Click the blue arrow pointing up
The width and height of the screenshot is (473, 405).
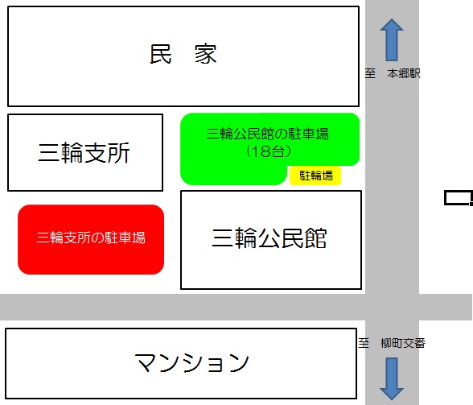[x=392, y=40]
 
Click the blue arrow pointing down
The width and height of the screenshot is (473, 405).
[x=392, y=378]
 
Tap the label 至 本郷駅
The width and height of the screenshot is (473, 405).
[x=393, y=73]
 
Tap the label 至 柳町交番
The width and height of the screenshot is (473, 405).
[x=392, y=343]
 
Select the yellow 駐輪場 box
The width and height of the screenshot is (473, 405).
[x=315, y=176]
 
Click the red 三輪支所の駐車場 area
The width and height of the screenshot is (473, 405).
[x=91, y=239]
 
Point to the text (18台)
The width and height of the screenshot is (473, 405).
[x=269, y=151]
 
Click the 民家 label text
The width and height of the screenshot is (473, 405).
[x=183, y=54]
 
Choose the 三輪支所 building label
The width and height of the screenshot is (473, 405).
[x=84, y=153]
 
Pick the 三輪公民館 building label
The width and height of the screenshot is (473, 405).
[x=269, y=238]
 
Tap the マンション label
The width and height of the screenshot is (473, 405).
[x=191, y=362]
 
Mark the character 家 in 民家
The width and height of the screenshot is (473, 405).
[x=206, y=54]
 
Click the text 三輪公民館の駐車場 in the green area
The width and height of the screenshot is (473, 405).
[x=268, y=134]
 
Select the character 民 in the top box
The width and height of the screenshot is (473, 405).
[x=161, y=54]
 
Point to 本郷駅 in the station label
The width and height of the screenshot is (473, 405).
[x=404, y=73]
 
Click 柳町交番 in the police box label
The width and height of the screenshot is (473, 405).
[x=403, y=343]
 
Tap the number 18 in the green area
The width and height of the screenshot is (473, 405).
[x=261, y=151]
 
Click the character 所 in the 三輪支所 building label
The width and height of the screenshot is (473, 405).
[x=118, y=153]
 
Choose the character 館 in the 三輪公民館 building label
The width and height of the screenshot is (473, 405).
[x=316, y=238]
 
